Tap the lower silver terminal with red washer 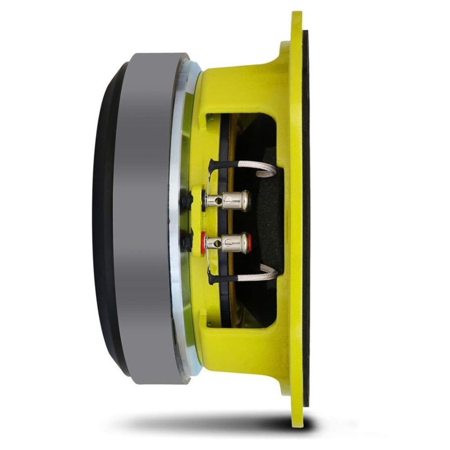point(233,243)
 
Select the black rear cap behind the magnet point(103,220)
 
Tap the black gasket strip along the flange point(306,220)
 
